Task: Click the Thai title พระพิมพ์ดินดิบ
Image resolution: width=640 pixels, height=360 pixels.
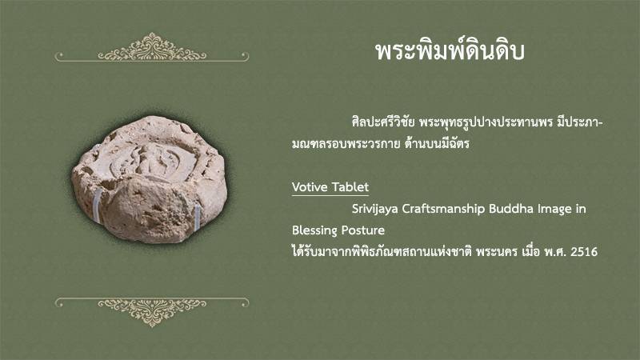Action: click(450, 51)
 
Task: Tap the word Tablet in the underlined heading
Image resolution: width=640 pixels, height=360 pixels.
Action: click(350, 187)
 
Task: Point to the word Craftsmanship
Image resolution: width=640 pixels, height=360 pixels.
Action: click(444, 209)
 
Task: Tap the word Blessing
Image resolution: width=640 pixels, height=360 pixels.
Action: click(314, 230)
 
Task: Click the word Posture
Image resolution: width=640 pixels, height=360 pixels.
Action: click(362, 230)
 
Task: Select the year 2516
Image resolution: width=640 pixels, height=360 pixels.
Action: click(584, 252)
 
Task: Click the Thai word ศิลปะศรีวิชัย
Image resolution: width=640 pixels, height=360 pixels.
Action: click(383, 122)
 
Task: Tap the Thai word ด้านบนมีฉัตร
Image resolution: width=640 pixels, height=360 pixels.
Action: click(437, 144)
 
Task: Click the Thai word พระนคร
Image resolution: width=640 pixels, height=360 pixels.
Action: click(497, 252)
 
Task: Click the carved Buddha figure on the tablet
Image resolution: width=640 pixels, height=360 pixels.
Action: click(147, 160)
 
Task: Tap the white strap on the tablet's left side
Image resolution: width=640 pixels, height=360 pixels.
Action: click(98, 206)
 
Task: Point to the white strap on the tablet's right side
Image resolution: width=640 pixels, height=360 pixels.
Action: click(198, 218)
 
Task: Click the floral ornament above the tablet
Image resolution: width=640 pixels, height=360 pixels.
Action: click(152, 48)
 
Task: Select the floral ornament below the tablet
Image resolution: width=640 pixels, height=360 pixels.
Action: click(152, 312)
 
